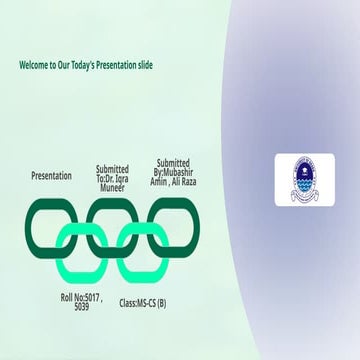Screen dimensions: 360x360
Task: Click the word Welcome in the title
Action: (x=36, y=65)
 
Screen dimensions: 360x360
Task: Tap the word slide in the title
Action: (x=167, y=65)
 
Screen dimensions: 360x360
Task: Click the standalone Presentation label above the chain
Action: (x=51, y=176)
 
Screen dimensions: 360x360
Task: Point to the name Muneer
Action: (x=112, y=186)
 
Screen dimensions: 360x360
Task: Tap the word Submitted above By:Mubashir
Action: (x=173, y=163)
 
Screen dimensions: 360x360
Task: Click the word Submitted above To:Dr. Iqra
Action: (x=112, y=169)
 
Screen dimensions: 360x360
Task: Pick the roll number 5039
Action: (x=81, y=306)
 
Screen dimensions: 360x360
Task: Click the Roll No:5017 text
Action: (x=81, y=297)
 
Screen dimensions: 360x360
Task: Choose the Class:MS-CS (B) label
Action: (x=143, y=302)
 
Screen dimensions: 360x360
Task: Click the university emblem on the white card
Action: (x=305, y=179)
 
